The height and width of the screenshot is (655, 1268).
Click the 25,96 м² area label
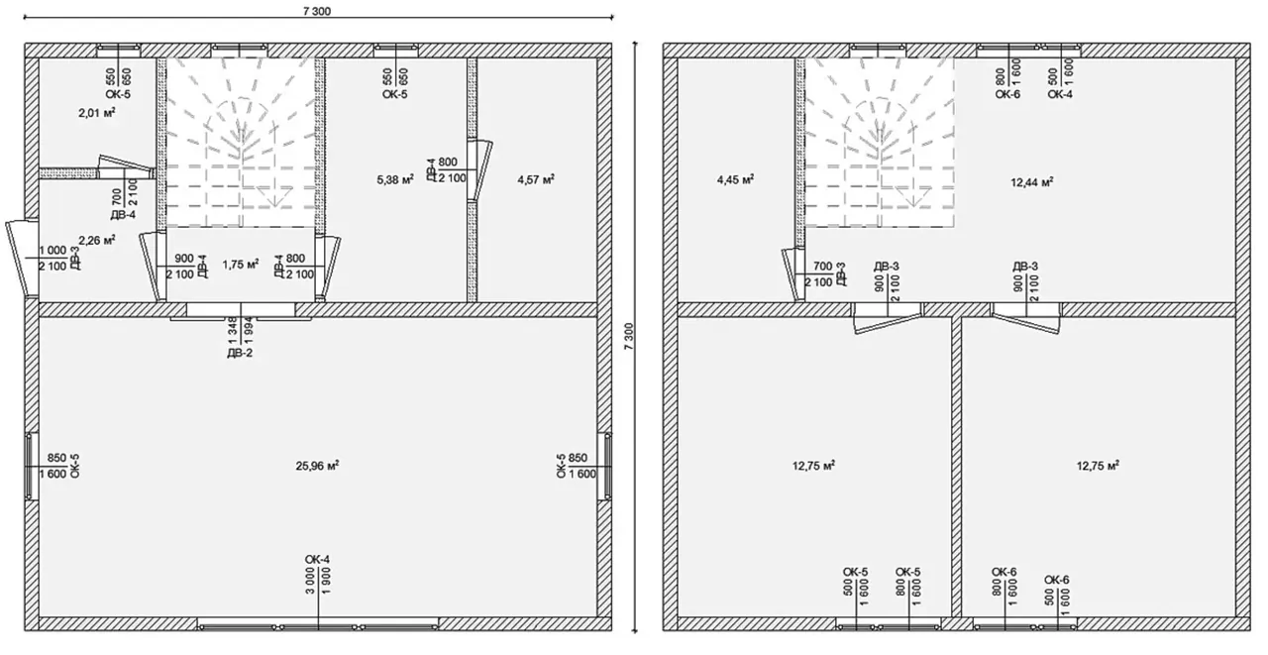click(x=317, y=466)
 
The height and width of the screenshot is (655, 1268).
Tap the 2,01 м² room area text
click(x=97, y=113)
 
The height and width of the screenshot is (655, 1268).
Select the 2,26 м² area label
click(x=97, y=240)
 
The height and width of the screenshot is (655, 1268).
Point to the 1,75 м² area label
click(x=241, y=265)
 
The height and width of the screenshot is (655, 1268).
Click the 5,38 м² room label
click(x=395, y=179)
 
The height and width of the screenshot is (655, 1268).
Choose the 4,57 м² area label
click(x=536, y=179)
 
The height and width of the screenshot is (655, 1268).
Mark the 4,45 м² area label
click(x=735, y=179)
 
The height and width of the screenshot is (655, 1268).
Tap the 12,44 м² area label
click(x=1032, y=181)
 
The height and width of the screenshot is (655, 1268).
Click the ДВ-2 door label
click(x=240, y=353)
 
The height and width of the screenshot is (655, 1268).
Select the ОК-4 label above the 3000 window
click(x=317, y=559)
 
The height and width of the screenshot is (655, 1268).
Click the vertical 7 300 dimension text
click(x=629, y=336)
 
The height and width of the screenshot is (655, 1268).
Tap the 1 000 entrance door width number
click(x=53, y=251)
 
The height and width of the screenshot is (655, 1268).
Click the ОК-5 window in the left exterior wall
click(x=32, y=466)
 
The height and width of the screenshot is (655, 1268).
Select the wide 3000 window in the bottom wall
click(x=318, y=626)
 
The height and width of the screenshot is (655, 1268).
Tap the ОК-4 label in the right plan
click(x=1060, y=94)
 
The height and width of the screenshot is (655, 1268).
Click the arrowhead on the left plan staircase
click(x=274, y=201)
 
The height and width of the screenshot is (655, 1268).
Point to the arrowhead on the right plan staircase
click(x=912, y=201)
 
